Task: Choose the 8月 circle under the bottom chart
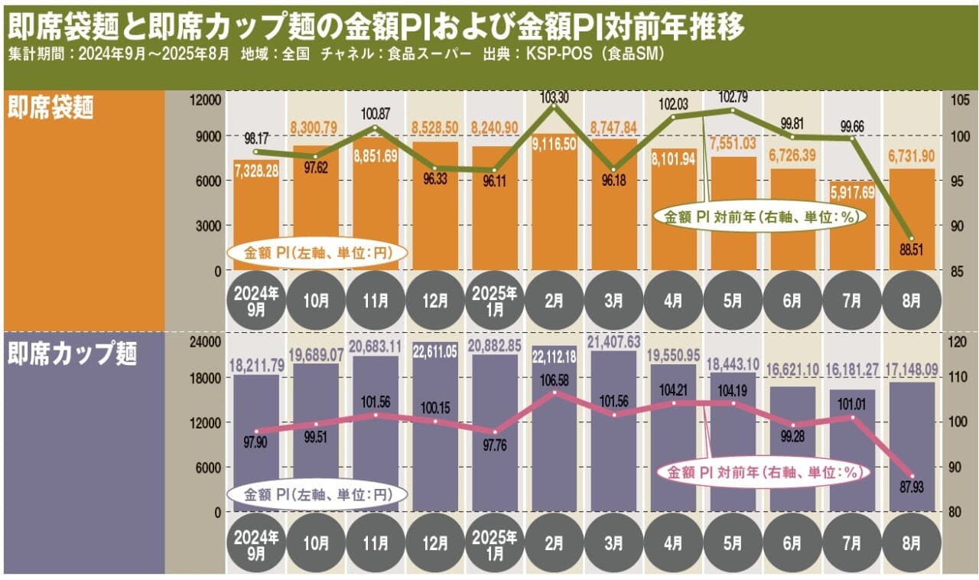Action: click(911, 543)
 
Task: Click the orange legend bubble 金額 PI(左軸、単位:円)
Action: click(315, 253)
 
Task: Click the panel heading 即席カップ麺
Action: click(73, 354)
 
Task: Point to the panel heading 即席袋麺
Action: click(50, 109)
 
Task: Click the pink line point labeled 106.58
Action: click(555, 393)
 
